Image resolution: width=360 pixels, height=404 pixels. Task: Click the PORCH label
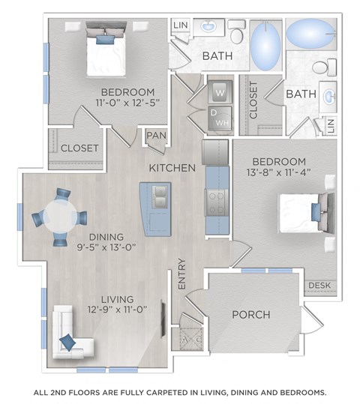click(x=250, y=314)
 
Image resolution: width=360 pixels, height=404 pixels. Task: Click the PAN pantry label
click(x=156, y=135)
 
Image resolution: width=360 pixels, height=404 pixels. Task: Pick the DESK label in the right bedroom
click(x=318, y=286)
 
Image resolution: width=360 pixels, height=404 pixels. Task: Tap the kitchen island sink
click(x=158, y=197)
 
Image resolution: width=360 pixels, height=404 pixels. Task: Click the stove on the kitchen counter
click(x=216, y=199)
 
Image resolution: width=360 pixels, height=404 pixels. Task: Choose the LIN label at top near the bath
click(x=181, y=25)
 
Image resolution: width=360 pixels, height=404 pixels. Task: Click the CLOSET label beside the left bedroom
click(x=79, y=148)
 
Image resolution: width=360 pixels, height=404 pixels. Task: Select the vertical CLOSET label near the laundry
click(x=253, y=101)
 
